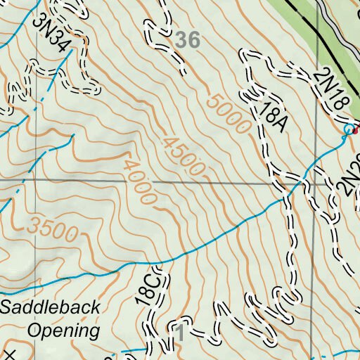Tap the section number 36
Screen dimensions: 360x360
pyautogui.click(x=188, y=40)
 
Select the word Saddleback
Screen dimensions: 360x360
pyautogui.click(x=50, y=307)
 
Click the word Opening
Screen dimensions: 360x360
pyautogui.click(x=62, y=330)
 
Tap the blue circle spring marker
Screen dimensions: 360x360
pyautogui.click(x=347, y=129)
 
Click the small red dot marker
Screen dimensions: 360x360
pyautogui.click(x=355, y=129)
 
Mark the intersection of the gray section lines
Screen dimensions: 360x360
pyautogui.click(x=312, y=184)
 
